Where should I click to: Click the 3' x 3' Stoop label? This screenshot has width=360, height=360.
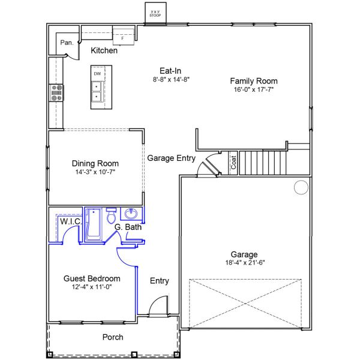click(155, 14)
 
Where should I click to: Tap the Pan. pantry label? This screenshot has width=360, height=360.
click(67, 43)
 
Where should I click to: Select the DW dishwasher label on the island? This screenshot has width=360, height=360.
click(97, 74)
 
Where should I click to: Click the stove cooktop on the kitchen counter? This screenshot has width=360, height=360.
click(56, 93)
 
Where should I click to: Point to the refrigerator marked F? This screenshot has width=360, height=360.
click(124, 37)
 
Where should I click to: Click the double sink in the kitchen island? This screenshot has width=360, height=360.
click(97, 91)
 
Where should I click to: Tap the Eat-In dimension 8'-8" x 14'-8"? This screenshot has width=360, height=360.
click(171, 79)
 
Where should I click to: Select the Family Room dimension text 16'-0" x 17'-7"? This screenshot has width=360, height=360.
click(254, 89)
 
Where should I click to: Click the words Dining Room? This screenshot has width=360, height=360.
click(95, 163)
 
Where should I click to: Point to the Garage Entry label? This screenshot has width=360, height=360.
click(171, 158)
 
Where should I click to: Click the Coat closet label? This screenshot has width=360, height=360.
click(233, 163)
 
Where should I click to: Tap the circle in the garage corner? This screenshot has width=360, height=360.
click(301, 187)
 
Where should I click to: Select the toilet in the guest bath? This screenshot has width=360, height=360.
click(112, 215)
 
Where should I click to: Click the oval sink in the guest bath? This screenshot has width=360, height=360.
click(131, 214)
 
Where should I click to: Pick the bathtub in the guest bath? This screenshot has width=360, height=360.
click(94, 224)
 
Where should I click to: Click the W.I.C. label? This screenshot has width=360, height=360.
click(71, 221)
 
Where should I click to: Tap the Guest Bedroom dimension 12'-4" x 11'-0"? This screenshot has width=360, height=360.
click(92, 287)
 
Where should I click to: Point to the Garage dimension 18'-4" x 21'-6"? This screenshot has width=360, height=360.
click(245, 262)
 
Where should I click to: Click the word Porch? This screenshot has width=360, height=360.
click(113, 337)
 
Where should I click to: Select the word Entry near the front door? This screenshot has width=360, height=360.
click(160, 281)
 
